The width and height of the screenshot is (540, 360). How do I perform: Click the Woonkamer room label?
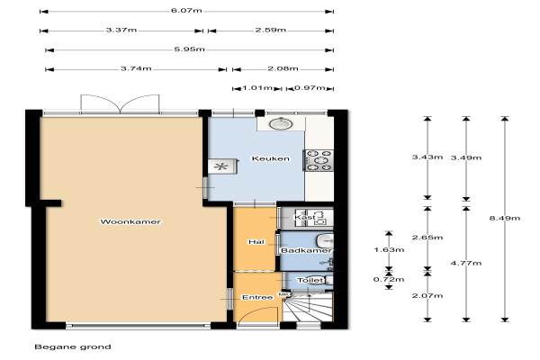130,221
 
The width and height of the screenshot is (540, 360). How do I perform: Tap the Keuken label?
270,158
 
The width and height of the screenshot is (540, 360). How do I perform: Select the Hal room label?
256,242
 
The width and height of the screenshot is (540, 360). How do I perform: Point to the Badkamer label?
306,250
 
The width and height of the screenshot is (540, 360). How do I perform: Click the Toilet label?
310,280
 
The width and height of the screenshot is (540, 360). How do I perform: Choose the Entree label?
257,297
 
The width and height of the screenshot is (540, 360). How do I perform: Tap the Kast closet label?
305,218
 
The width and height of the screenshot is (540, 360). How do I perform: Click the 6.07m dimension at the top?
186,10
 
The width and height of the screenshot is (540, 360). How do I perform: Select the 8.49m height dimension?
505,218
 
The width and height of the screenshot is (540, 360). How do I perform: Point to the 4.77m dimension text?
466,263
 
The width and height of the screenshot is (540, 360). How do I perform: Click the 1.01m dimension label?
257,88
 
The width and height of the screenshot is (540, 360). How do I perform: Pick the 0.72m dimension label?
389,279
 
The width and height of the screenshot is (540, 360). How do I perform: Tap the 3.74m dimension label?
136,68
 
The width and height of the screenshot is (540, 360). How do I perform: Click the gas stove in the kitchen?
319,160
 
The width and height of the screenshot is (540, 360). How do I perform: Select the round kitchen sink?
281,123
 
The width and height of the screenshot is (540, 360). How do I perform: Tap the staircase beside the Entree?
308,307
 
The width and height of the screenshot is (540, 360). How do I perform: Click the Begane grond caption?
73,346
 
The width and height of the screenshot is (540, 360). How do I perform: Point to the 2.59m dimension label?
270,30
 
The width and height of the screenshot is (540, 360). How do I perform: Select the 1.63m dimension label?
389,249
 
